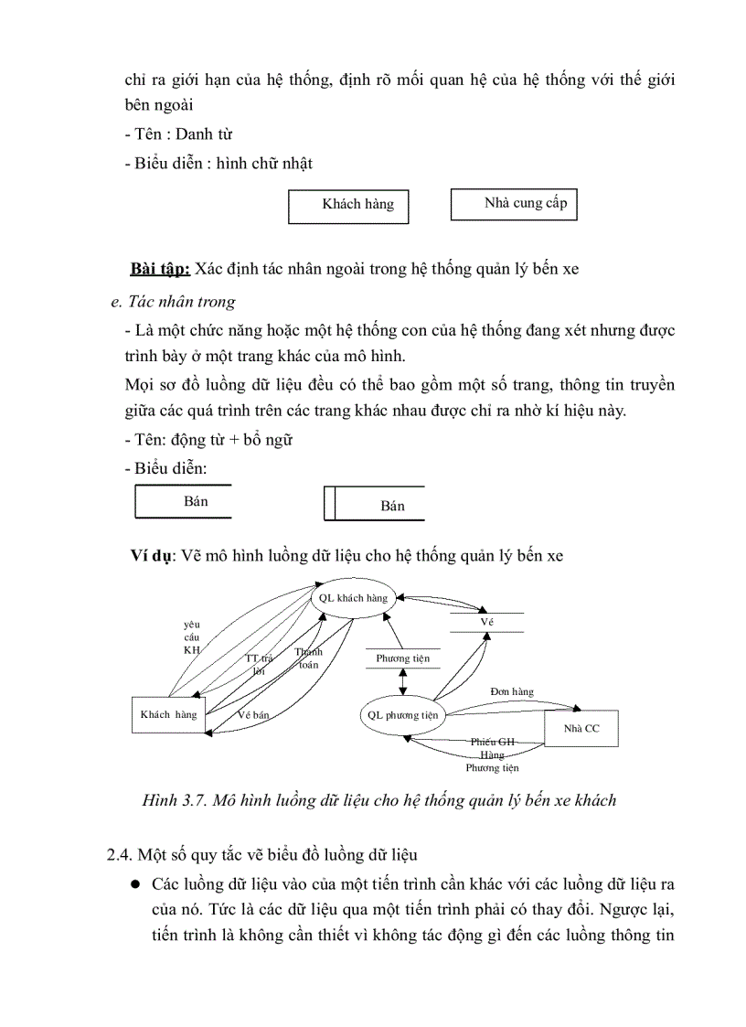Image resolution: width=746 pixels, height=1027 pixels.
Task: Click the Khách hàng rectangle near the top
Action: [348, 205]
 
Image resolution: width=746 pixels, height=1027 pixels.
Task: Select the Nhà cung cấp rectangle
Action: [514, 204]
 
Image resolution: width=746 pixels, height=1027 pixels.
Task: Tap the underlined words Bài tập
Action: [160, 269]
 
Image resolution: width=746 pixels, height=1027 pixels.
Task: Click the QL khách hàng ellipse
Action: [353, 598]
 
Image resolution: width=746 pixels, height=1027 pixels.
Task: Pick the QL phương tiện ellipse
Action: [403, 715]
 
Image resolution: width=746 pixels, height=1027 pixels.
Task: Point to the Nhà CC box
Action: [581, 728]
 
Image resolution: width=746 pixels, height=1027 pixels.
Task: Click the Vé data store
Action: [486, 622]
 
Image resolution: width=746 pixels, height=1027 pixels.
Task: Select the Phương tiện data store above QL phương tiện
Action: [402, 658]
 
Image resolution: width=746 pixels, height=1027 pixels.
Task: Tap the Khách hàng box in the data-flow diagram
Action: [168, 715]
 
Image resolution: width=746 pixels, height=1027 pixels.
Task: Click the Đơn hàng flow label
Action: [512, 691]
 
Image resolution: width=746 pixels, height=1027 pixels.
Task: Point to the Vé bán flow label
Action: [253, 715]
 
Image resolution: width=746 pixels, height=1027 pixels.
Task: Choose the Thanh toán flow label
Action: [308, 658]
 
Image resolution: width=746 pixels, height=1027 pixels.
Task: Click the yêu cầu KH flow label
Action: [191, 637]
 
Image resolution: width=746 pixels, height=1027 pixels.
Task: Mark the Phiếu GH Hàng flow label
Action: [493, 749]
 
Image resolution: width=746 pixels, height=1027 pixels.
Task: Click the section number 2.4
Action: [121, 855]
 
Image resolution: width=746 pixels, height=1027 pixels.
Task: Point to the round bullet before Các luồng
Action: [134, 885]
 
